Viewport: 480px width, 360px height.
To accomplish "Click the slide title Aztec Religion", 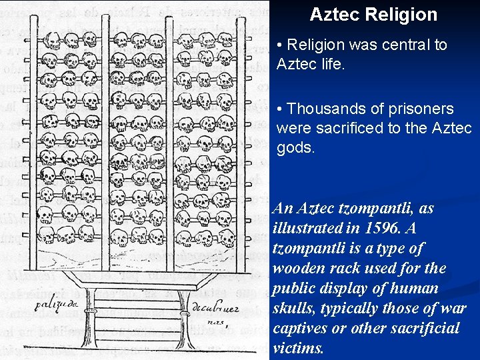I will (x=373, y=15).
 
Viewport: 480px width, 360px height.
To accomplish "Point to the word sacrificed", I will (x=345, y=128).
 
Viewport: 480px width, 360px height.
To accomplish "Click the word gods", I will (x=295, y=147).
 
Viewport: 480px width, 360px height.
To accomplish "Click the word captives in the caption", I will (x=299, y=328).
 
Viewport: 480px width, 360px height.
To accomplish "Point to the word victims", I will (x=298, y=348).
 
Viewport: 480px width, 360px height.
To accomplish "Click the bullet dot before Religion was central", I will (x=280, y=45).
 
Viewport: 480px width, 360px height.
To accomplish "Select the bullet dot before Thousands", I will (x=280, y=109).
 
